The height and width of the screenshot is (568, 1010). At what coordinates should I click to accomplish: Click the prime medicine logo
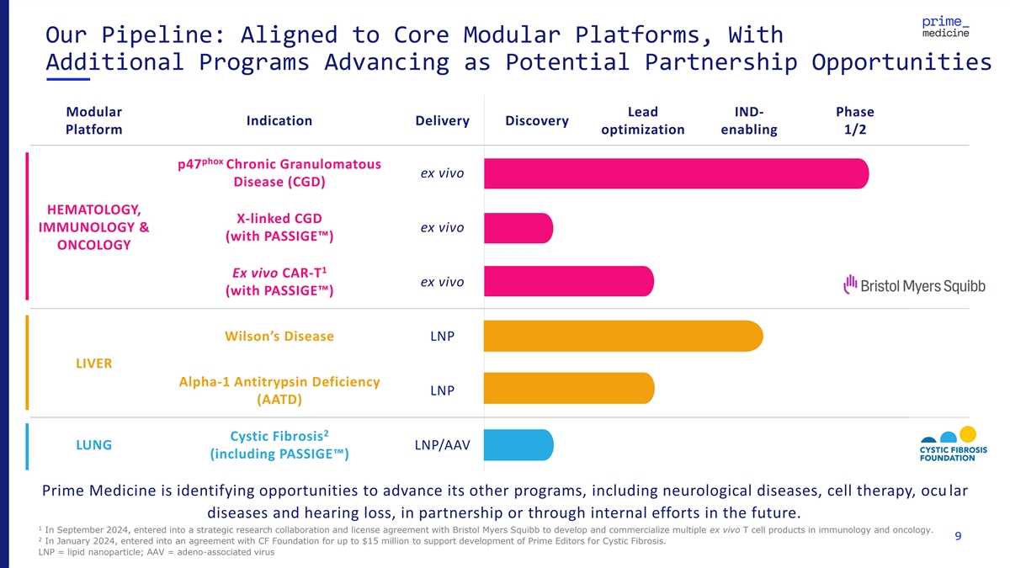945,27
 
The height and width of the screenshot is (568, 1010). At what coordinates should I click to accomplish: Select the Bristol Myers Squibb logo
914,285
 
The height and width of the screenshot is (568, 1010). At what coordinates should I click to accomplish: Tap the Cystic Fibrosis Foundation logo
953,444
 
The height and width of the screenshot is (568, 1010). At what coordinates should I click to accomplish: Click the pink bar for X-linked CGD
518,228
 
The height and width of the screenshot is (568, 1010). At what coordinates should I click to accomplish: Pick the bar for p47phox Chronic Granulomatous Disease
677,173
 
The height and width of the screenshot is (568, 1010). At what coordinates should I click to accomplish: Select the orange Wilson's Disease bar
624,336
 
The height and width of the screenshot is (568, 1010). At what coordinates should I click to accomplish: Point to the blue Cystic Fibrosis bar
518,445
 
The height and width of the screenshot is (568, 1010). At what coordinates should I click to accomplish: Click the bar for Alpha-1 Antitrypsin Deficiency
569,388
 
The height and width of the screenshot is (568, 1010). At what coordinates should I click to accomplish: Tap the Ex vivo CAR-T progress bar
569,281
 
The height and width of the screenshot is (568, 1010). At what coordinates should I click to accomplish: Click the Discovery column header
537,121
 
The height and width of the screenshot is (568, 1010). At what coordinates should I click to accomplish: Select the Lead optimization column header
642,120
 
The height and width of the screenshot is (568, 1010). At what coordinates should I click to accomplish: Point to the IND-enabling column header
749,120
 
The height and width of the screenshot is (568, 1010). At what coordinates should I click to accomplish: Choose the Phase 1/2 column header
855,120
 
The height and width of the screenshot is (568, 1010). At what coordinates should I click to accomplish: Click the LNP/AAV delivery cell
443,445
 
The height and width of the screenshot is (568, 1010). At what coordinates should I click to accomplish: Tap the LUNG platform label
93,445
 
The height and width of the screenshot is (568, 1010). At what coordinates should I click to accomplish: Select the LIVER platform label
93,364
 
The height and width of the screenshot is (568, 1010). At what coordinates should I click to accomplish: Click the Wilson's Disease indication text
279,337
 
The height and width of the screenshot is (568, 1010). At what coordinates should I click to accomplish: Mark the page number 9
958,536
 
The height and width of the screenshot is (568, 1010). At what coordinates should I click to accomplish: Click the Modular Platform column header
93,120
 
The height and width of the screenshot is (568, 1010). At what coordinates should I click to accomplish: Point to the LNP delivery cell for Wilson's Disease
443,337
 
